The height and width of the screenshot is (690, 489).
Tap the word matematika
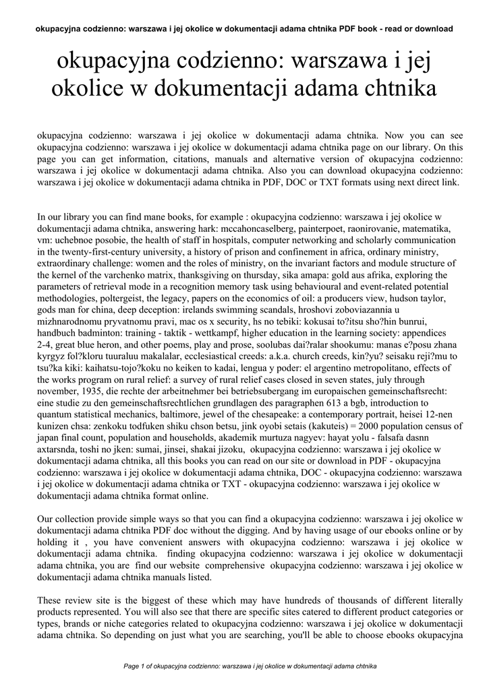(421, 228)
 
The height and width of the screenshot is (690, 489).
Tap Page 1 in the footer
(136, 666)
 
